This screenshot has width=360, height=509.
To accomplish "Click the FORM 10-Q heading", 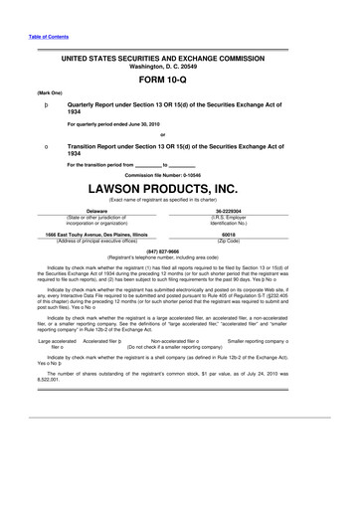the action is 179,85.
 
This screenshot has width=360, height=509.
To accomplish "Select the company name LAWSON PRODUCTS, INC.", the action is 179,184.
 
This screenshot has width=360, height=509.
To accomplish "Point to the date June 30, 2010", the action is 146,124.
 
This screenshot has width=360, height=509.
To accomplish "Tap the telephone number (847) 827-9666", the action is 179,252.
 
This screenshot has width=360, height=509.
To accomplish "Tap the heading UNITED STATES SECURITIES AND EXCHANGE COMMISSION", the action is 179,61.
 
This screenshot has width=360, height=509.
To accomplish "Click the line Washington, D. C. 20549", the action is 179,69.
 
